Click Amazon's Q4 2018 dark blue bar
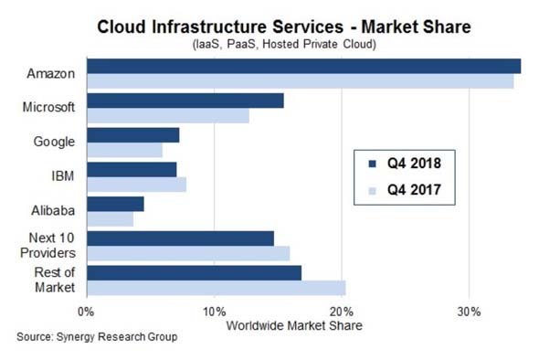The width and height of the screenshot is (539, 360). (x=304, y=66)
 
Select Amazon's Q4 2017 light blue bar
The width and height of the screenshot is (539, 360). (x=301, y=81)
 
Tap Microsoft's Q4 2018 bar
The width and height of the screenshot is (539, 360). (x=185, y=101)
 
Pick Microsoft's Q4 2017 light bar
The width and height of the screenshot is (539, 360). (x=168, y=115)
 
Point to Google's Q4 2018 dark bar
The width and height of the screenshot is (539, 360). (x=133, y=135)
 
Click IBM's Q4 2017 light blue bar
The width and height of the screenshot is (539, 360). (x=136, y=185)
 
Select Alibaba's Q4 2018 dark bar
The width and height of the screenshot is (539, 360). (x=115, y=204)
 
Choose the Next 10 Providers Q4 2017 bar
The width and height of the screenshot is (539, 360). (x=188, y=253)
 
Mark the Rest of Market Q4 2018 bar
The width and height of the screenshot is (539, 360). (x=195, y=272)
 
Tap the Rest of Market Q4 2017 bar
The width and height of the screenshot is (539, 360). (x=217, y=288)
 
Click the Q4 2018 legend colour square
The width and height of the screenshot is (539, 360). (x=373, y=164)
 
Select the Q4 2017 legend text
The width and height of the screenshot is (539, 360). (x=414, y=190)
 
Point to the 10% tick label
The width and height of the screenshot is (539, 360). (x=215, y=312)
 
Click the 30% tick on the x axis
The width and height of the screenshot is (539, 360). (x=469, y=312)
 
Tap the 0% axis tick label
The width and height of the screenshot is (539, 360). (x=86, y=312)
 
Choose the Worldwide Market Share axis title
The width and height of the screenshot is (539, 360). (x=294, y=325)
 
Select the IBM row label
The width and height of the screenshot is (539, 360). (x=62, y=176)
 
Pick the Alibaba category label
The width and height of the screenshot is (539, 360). (x=53, y=210)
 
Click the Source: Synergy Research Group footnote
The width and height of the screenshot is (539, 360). (x=97, y=336)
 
